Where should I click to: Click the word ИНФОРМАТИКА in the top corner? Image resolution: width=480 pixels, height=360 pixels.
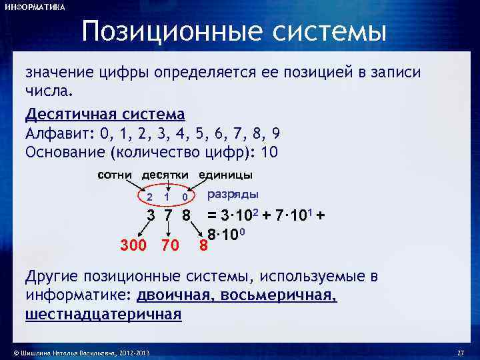35,7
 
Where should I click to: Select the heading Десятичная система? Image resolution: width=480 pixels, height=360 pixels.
105,114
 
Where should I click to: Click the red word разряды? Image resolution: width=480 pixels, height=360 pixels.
233,195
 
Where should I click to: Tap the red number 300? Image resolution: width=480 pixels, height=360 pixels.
133,246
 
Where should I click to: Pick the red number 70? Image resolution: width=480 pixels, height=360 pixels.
170,246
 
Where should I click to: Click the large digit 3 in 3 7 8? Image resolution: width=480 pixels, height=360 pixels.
151,216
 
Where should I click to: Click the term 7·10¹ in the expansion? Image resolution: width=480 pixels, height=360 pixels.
294,215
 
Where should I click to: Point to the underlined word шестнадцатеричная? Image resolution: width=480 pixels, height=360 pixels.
103,314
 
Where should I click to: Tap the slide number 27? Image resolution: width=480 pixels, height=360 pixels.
459,352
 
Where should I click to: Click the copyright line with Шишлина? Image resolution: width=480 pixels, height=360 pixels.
77,352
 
